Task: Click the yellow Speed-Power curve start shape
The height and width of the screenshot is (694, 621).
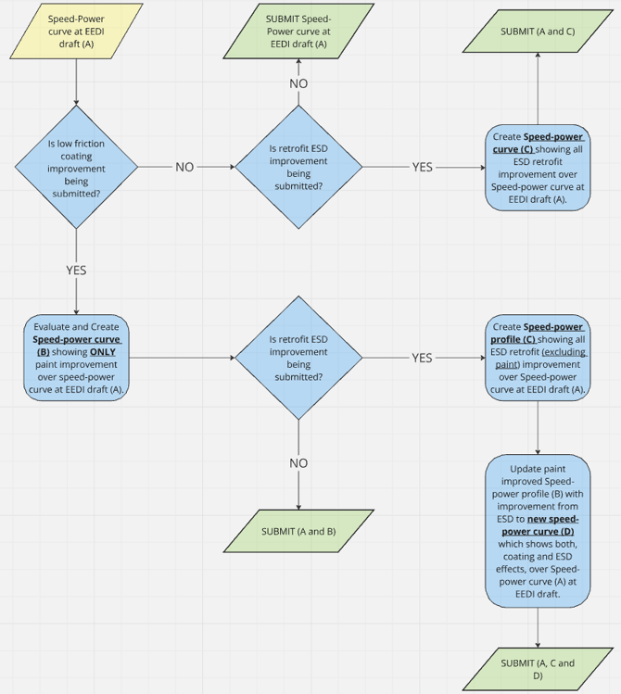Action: click(76, 31)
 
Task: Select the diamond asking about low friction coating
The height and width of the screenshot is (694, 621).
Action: click(76, 168)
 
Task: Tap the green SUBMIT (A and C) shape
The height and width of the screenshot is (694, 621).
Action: click(538, 32)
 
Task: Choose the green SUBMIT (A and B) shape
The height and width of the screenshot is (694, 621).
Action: click(298, 531)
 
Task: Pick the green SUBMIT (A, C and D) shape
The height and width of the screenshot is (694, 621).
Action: click(538, 670)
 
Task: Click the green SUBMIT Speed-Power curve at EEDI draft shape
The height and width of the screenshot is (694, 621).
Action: click(298, 31)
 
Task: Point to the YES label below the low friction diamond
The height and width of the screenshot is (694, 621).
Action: click(76, 271)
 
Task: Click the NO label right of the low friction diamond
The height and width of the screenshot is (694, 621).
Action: click(184, 168)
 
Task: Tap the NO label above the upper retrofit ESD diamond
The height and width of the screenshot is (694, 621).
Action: click(298, 83)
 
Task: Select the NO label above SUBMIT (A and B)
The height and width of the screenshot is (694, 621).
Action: click(298, 462)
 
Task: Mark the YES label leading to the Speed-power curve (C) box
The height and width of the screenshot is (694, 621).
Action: click(422, 168)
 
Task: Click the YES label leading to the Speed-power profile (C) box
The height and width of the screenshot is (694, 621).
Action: click(422, 358)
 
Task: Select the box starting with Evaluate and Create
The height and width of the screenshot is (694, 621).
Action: click(76, 358)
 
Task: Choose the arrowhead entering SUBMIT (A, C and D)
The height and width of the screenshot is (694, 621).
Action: click(538, 645)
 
